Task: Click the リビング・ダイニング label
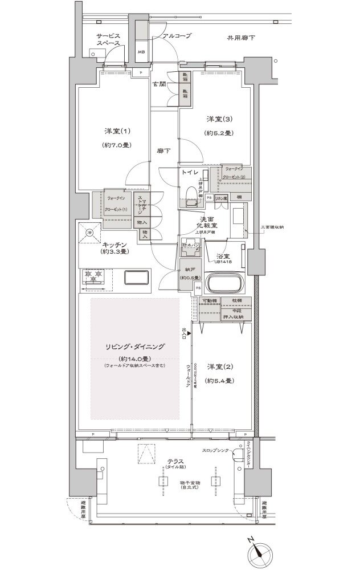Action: (x=134, y=346)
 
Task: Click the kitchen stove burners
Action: (x=95, y=276)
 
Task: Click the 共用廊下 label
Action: (x=241, y=38)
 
